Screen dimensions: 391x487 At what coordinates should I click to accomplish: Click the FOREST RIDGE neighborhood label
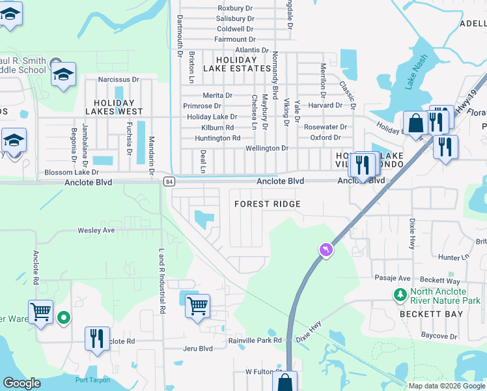click(x=268, y=204)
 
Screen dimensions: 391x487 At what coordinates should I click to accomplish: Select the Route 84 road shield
click(x=169, y=181)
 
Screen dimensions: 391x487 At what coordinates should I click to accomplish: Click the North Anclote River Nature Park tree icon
click(x=400, y=295)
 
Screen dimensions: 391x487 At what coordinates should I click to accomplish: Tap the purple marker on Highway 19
click(x=326, y=250)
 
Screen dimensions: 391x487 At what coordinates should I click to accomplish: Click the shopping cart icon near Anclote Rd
click(x=40, y=311)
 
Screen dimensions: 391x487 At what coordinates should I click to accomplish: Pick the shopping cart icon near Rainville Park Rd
click(x=197, y=304)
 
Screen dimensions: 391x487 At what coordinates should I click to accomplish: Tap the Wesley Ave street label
click(x=96, y=230)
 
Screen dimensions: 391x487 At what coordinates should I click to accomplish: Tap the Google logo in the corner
click(x=21, y=383)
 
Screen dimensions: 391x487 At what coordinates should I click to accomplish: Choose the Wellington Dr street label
click(x=266, y=149)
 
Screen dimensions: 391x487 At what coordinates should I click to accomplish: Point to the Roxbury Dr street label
click(x=235, y=8)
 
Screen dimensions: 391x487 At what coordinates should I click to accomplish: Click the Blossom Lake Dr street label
click(x=71, y=173)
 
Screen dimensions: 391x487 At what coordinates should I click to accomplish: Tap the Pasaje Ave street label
click(x=392, y=278)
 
